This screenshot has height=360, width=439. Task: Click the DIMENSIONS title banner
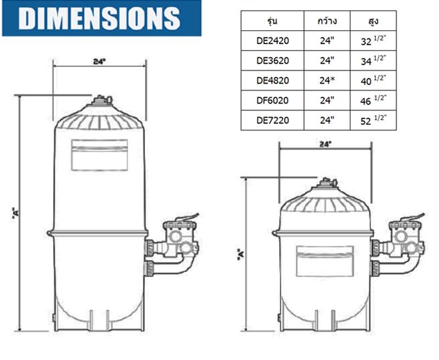pyautogui.click(x=102, y=18)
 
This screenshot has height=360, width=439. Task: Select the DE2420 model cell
pyautogui.click(x=272, y=41)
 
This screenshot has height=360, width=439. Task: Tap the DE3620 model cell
pyautogui.click(x=272, y=61)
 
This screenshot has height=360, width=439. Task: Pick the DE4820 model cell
pyautogui.click(x=272, y=81)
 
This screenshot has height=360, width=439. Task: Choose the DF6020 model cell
pyautogui.click(x=272, y=100)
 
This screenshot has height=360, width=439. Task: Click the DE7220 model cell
pyautogui.click(x=272, y=120)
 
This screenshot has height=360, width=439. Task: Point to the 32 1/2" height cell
pyautogui.click(x=373, y=41)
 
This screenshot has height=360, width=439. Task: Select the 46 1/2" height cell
pyautogui.click(x=373, y=100)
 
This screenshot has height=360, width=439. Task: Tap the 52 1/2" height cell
pyautogui.click(x=373, y=120)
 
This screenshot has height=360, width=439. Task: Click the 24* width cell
pyautogui.click(x=327, y=81)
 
